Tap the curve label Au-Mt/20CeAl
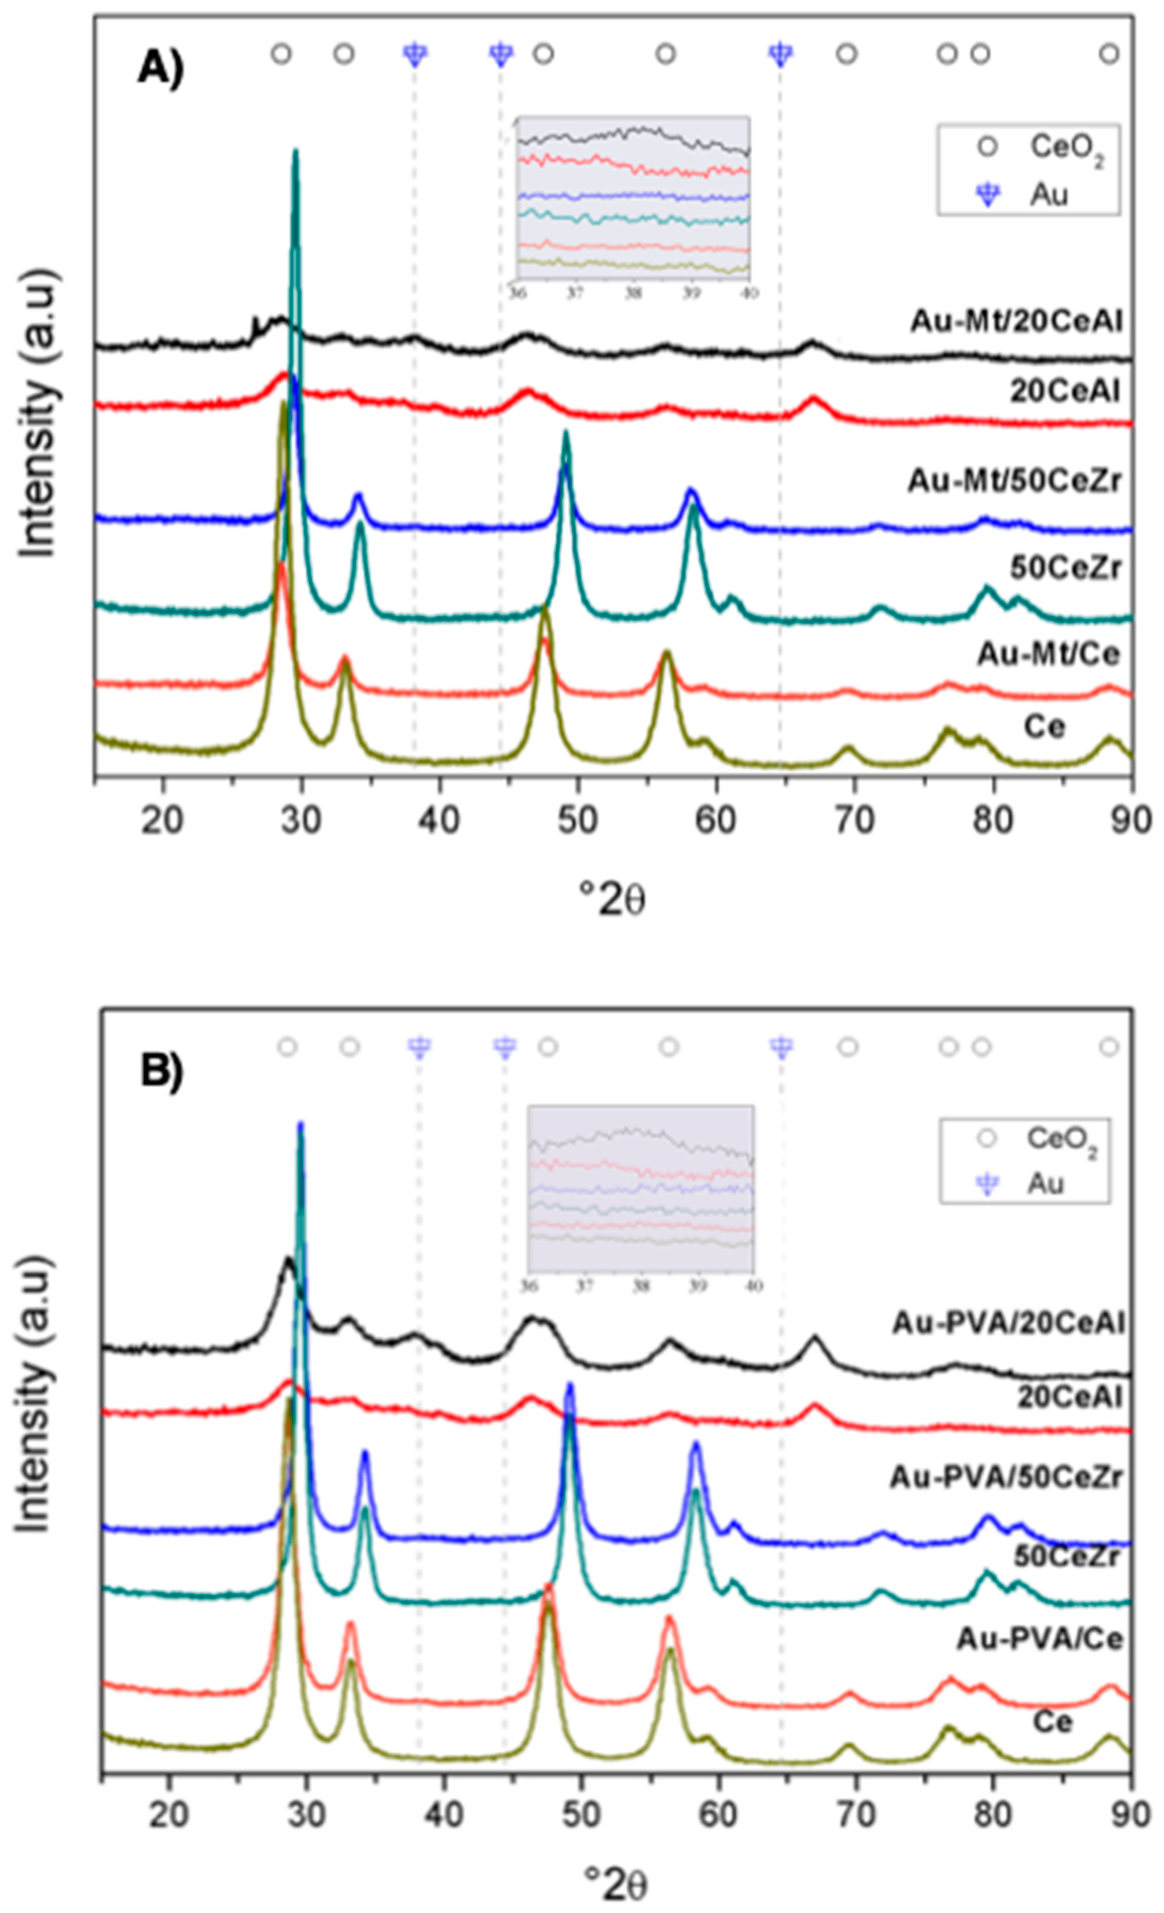point(1016,321)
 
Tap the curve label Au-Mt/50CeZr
point(1015,482)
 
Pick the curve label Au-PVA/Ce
point(1040,1639)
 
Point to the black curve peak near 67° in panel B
point(814,1338)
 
